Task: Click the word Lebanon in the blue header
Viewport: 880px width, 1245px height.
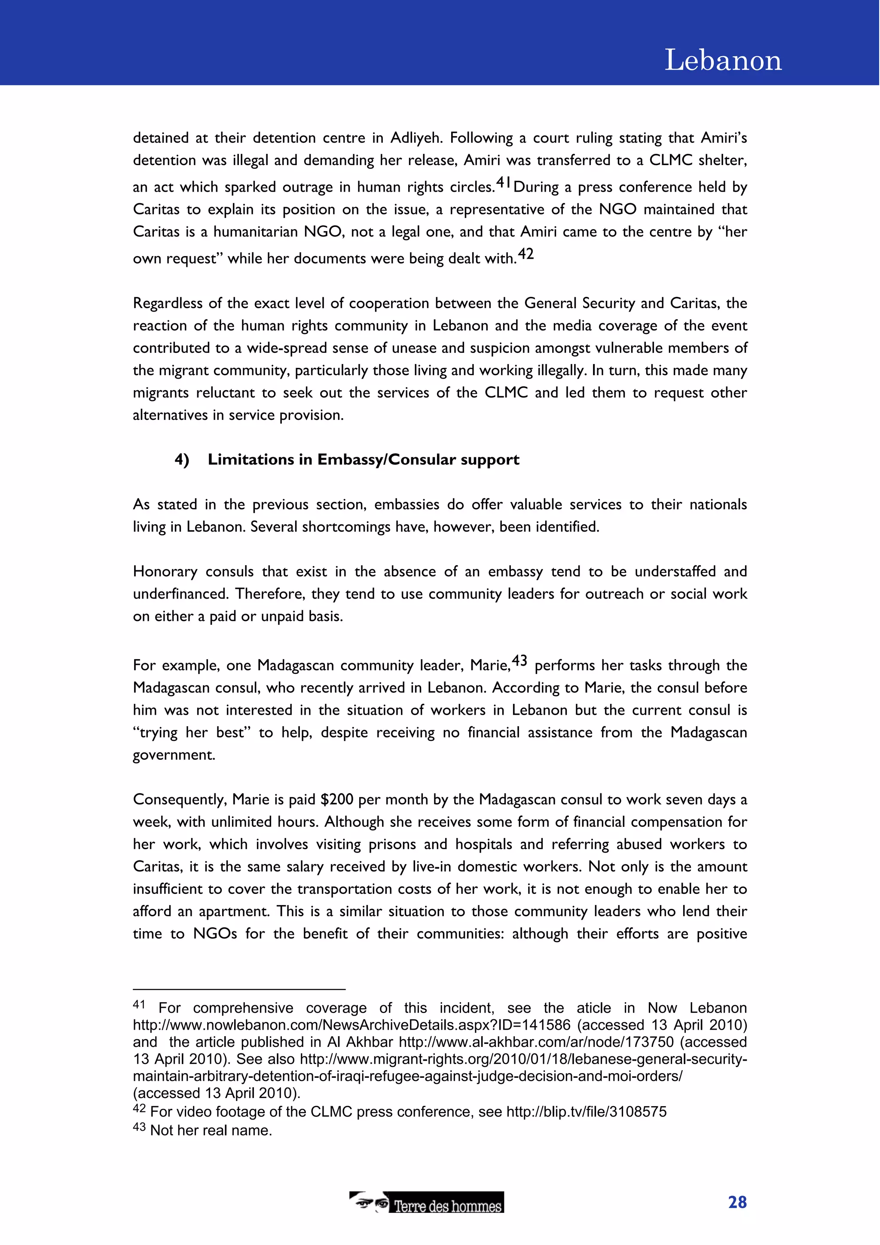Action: click(723, 60)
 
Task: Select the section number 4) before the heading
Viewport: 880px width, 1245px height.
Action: click(182, 460)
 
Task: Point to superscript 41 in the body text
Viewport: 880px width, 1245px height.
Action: click(503, 182)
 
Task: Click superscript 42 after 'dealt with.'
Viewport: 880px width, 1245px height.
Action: click(526, 254)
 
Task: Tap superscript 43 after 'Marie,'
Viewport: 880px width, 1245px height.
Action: click(519, 661)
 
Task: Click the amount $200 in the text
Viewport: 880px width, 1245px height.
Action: click(337, 799)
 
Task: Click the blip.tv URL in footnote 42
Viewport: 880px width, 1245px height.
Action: click(586, 1112)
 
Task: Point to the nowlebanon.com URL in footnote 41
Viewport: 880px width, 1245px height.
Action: click(351, 1025)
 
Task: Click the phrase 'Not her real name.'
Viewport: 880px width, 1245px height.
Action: click(211, 1131)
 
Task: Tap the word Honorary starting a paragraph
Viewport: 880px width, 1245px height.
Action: click(165, 572)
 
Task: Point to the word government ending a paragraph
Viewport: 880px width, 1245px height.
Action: click(174, 756)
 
